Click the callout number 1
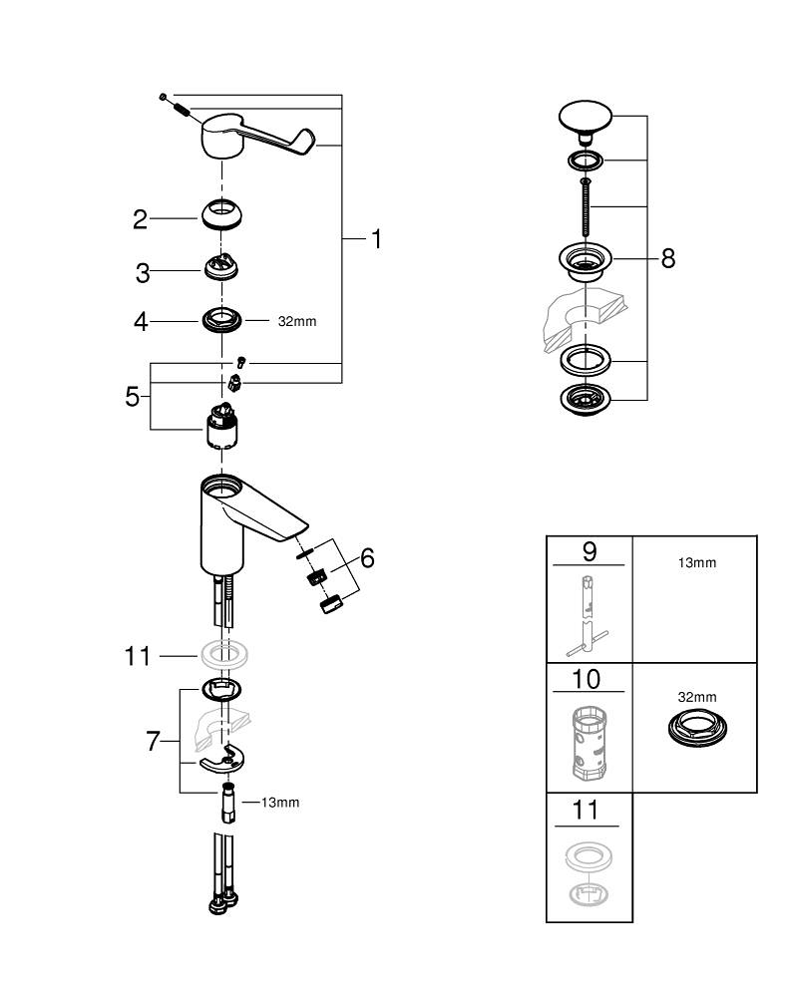376,239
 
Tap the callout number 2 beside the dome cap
141,219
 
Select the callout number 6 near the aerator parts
367,558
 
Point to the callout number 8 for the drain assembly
667,258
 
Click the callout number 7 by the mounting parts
153,742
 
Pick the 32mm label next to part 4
298,322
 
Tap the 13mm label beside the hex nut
279,803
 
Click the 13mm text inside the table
696,563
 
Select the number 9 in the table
589,549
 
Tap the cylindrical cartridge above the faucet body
221,429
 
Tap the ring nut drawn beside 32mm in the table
695,728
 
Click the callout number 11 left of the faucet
137,656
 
